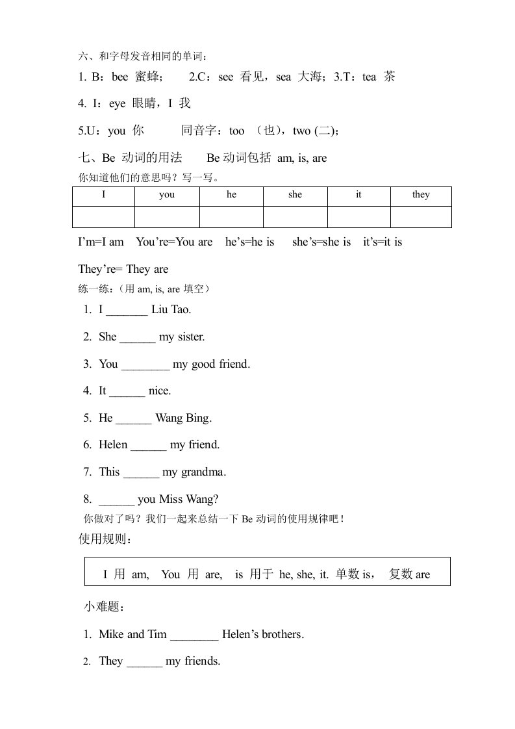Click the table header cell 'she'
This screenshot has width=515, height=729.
coord(295,195)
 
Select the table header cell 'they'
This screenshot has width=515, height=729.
coord(421,195)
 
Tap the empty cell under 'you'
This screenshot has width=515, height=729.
coord(167,216)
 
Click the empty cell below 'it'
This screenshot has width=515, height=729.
coord(358,216)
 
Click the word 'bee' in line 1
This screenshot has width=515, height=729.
coord(120,77)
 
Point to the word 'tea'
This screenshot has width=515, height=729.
coord(370,77)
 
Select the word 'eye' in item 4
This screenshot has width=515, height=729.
coord(118,104)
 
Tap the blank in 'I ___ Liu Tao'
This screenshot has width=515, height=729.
coord(127,310)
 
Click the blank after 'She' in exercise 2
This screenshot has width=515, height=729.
coord(138,337)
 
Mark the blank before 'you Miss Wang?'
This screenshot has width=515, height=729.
coord(117,500)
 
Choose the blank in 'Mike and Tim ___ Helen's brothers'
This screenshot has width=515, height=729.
coord(194,635)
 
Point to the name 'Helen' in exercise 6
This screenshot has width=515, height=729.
coord(113,445)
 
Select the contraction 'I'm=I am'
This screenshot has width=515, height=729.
coord(101,242)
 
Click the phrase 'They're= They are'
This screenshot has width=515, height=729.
coord(123,270)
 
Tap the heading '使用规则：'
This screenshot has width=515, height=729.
coord(105,540)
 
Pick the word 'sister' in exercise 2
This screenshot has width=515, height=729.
coord(192,337)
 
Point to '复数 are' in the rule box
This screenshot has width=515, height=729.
coord(409,574)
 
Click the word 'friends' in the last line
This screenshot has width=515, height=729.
coord(201,661)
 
